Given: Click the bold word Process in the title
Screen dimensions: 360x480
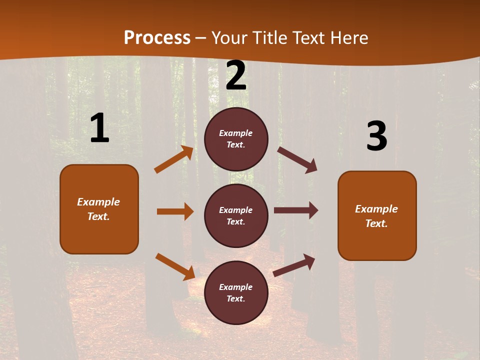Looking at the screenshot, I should click(x=157, y=38).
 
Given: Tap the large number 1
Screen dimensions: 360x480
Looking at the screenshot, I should click(x=99, y=128).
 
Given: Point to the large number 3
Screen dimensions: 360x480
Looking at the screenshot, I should click(x=376, y=136).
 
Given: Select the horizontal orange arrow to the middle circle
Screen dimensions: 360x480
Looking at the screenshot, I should click(x=175, y=211).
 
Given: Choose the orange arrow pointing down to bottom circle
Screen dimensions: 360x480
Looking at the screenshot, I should click(x=175, y=266).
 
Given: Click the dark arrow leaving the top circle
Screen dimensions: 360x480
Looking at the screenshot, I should click(x=297, y=160).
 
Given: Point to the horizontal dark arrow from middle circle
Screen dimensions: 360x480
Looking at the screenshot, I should click(x=296, y=210).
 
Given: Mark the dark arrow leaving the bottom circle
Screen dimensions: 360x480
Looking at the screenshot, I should click(x=294, y=265).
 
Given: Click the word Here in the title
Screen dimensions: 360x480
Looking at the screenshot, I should click(x=349, y=38).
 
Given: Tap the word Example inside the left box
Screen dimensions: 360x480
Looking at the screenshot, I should click(x=98, y=202).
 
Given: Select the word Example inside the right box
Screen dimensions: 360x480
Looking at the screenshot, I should click(x=376, y=209).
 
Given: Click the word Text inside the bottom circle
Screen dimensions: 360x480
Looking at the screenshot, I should click(x=235, y=298).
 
